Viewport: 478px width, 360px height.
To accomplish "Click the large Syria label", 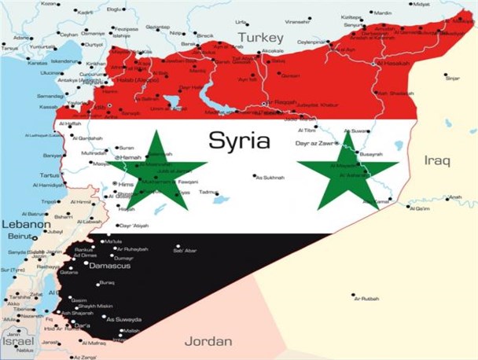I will pos(239,141).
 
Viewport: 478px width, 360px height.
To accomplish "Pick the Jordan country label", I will pos(208,341).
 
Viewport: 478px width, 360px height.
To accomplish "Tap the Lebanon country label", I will pos(26,224).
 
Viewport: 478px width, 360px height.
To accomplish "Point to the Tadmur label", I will pos(208,192).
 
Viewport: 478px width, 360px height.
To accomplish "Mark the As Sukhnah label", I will pos(270,177).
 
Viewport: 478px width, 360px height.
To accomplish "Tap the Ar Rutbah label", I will pos(366,299).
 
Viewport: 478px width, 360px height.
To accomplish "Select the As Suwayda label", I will pos(123,319).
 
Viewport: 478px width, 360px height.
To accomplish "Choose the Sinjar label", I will pos(452,78).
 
